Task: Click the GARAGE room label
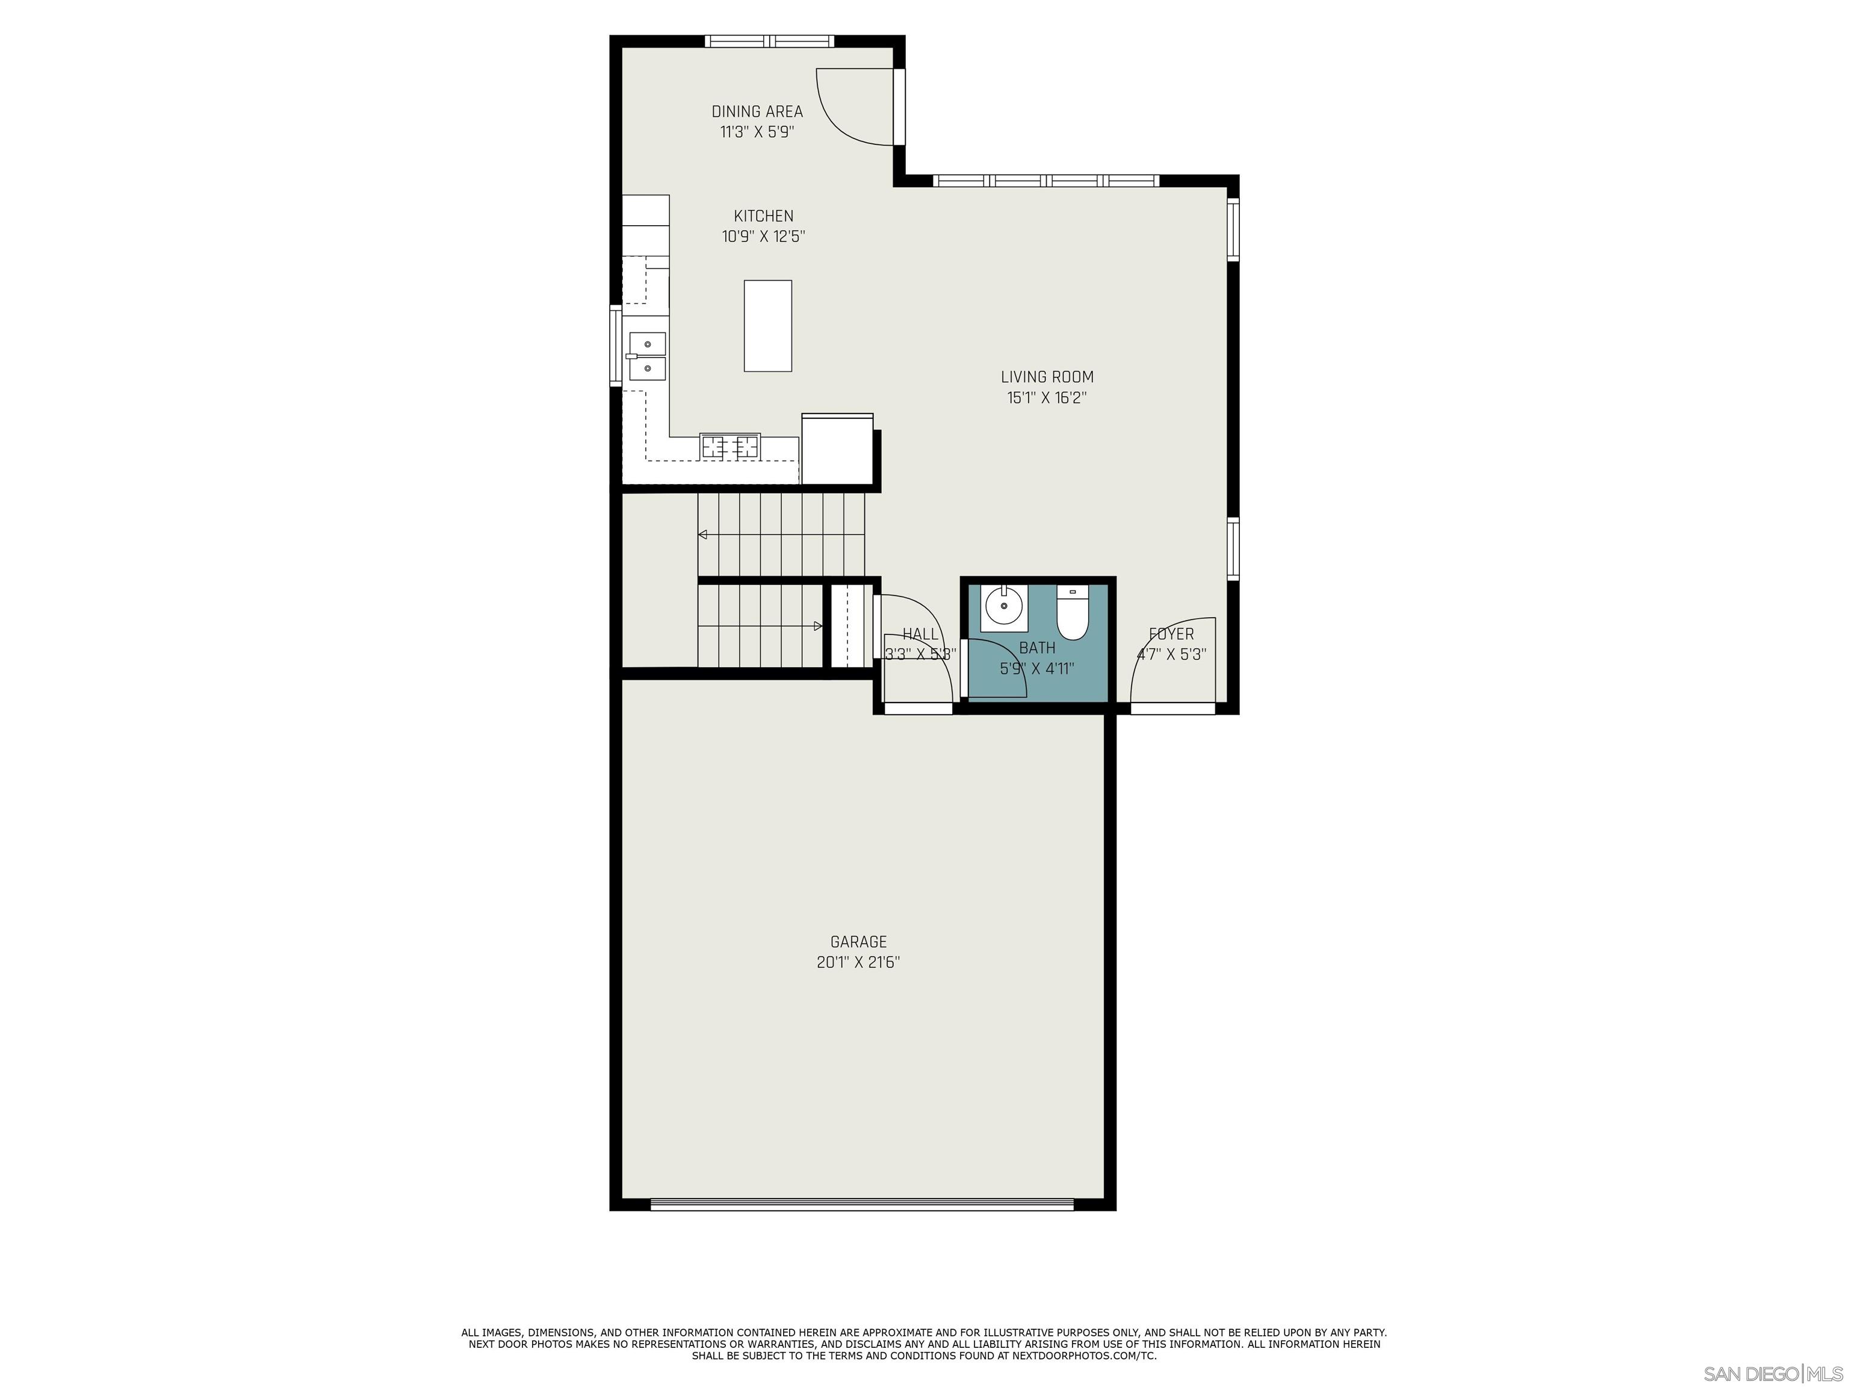(x=858, y=942)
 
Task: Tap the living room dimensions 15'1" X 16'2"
(x=1047, y=398)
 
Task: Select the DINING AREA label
(x=757, y=111)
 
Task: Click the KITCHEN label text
(x=763, y=216)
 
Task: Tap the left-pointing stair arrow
(x=703, y=534)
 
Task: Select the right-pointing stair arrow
(x=817, y=626)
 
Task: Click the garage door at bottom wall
(x=861, y=1205)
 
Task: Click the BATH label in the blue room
(x=1036, y=648)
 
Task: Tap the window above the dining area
(x=769, y=40)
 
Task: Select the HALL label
(x=920, y=635)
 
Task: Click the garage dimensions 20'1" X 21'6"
(x=858, y=962)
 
